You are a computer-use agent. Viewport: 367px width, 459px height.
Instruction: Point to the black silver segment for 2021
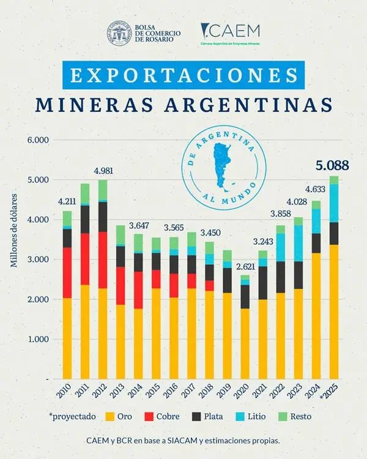coord(263,282)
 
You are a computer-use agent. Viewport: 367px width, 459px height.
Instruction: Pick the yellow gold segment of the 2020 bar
coord(245,343)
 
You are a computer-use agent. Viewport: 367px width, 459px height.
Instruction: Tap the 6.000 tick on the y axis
coord(39,140)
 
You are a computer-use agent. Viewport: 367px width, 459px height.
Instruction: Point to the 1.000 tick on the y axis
coord(39,339)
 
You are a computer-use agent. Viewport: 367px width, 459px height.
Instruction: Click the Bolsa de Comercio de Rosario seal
coord(119,33)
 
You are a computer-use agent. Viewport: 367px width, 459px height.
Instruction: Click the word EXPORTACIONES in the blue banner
coord(183,75)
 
